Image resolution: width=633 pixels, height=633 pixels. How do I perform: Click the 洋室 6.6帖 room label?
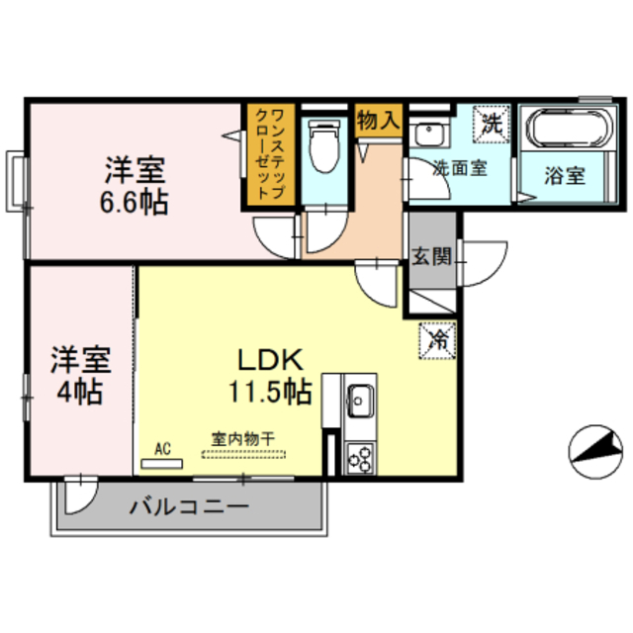pos(136,186)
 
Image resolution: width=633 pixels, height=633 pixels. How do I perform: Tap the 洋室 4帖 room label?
pos(79,374)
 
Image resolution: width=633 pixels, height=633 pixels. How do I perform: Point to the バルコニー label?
pos(188,507)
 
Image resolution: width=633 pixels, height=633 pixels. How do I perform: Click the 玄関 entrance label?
pos(431,257)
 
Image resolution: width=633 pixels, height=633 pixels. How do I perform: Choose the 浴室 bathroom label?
pos(565,176)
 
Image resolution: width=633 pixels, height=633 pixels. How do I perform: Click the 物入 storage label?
pos(377,123)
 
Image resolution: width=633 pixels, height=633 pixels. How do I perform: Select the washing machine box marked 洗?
pos(492,126)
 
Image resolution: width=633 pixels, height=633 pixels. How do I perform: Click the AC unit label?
pos(162,449)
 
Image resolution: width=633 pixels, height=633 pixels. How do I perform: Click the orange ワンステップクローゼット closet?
pos(270,156)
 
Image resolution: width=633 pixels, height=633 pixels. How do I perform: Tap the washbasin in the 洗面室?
pos(429,135)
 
